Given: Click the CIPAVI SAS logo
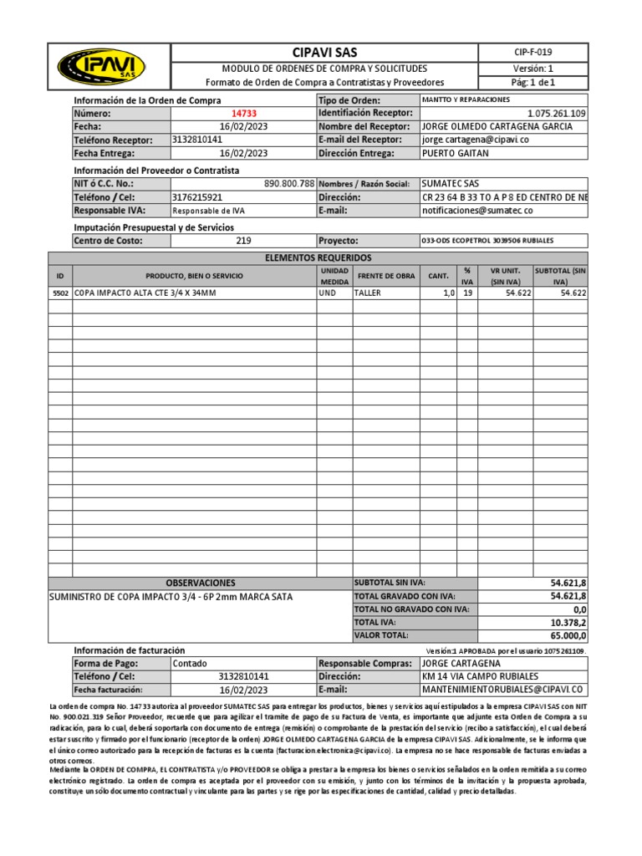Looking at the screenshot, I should tap(100, 66).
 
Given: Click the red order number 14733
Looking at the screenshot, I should tap(244, 113).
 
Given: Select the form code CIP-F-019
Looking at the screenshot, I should tap(533, 53).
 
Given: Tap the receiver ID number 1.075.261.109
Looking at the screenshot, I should tap(557, 113).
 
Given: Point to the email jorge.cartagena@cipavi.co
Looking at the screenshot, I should tap(476, 140).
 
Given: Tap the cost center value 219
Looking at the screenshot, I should tap(244, 241).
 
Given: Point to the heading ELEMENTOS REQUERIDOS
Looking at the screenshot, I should tap(318, 258).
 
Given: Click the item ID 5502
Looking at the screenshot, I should tap(60, 293).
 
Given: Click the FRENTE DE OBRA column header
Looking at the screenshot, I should tap(385, 277).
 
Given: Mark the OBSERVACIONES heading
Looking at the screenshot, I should tap(201, 583).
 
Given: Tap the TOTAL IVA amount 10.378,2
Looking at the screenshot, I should tap(568, 623).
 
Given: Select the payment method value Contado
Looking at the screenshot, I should tap(190, 663).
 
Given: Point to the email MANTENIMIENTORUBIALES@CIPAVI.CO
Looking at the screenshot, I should tap(502, 690).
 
